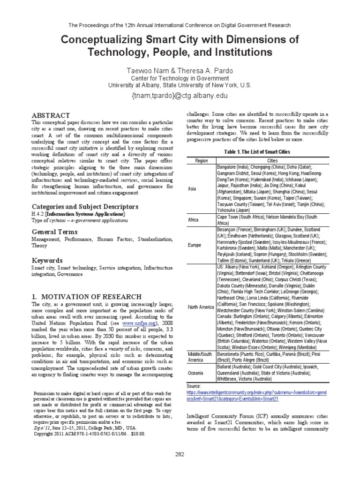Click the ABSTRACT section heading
(x=50, y=115)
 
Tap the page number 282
(x=180, y=454)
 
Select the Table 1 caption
(x=257, y=152)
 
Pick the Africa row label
(x=194, y=220)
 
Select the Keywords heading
(x=47, y=260)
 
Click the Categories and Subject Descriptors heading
(x=85, y=206)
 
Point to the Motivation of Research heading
(x=86, y=296)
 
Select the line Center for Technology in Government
(x=180, y=78)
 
